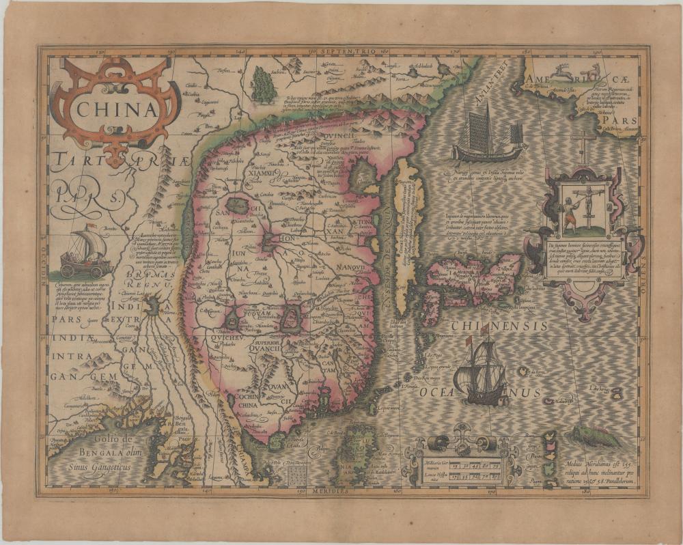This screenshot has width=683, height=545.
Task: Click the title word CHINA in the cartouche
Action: pos(114,109)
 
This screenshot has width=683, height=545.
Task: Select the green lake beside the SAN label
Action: pos(238,205)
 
